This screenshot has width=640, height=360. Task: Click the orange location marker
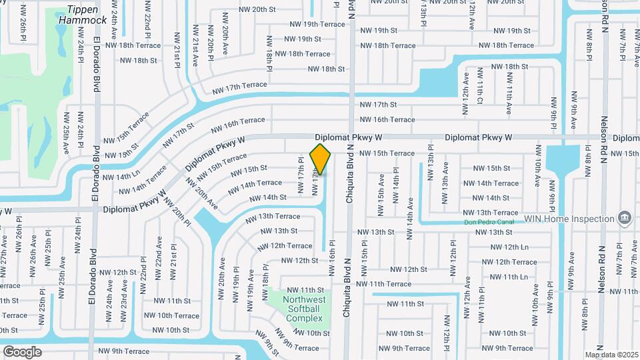(321, 159)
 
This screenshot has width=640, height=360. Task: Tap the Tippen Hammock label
(83, 15)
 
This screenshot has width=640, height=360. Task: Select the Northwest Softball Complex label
(304, 309)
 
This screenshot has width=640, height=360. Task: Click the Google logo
(22, 351)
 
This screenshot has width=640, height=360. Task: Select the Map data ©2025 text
(611, 355)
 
